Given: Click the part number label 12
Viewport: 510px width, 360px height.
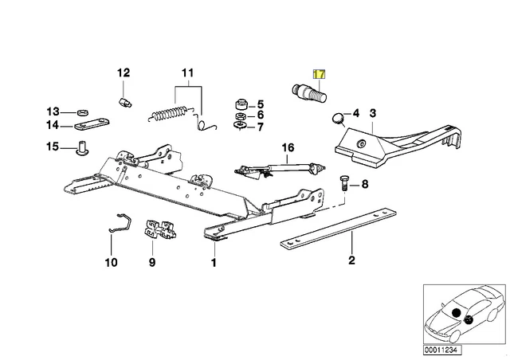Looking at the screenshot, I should point(124,73).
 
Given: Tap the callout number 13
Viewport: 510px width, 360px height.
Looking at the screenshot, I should point(52,111).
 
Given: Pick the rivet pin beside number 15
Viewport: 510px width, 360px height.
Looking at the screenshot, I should point(81,147).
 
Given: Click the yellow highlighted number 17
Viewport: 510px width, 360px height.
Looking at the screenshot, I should point(319,73).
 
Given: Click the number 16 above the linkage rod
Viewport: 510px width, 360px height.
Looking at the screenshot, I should point(288,147).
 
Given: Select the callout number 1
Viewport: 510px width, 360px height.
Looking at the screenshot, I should point(213,260).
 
